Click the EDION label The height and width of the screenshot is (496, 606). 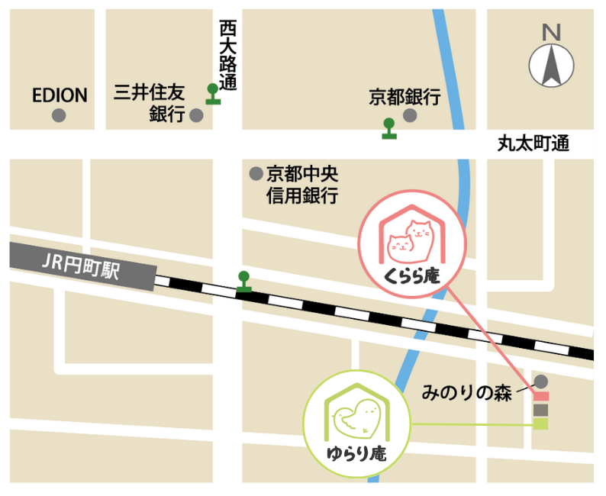point(60,95)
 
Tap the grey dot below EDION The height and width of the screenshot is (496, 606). point(58,116)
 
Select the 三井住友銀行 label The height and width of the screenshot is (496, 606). point(150,104)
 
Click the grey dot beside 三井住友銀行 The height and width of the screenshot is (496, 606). point(196,116)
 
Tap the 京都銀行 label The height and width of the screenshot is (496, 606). point(405,97)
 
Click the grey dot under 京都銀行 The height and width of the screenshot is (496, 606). point(410,116)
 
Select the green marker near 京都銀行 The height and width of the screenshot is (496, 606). point(390,128)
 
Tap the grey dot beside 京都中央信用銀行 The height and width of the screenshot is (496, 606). point(256,172)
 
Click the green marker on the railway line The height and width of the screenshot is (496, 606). point(243,282)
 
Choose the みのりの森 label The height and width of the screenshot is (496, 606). point(469,393)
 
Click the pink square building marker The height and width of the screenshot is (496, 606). point(540,396)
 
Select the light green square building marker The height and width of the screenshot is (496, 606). point(540,424)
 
